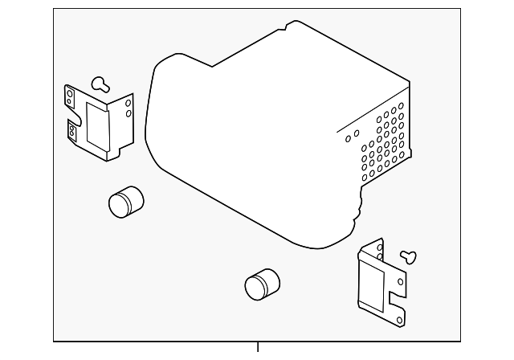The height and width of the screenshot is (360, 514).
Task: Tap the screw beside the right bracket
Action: coord(410,257)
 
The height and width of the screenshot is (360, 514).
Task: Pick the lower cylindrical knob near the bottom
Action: coord(262,284)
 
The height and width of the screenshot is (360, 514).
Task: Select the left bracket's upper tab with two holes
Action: coord(70,95)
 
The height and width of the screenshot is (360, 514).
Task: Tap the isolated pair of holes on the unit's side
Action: coord(352,135)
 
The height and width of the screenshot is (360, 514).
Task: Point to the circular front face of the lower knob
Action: coord(255,288)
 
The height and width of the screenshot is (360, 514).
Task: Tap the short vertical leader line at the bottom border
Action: coord(258,348)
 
